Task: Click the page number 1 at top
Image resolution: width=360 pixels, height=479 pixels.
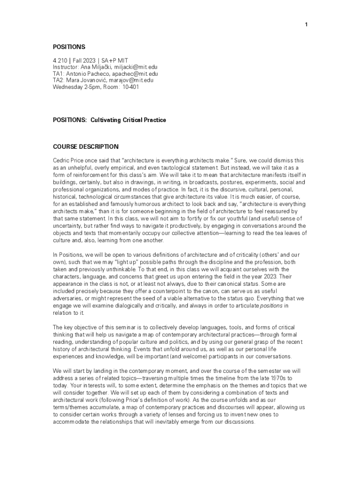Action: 306,25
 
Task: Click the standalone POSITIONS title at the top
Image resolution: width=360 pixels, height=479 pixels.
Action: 69,47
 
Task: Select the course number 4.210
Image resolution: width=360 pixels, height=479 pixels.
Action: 59,60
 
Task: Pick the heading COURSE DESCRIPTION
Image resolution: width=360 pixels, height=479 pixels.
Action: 86,146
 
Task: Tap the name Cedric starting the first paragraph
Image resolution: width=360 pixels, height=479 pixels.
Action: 61,160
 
